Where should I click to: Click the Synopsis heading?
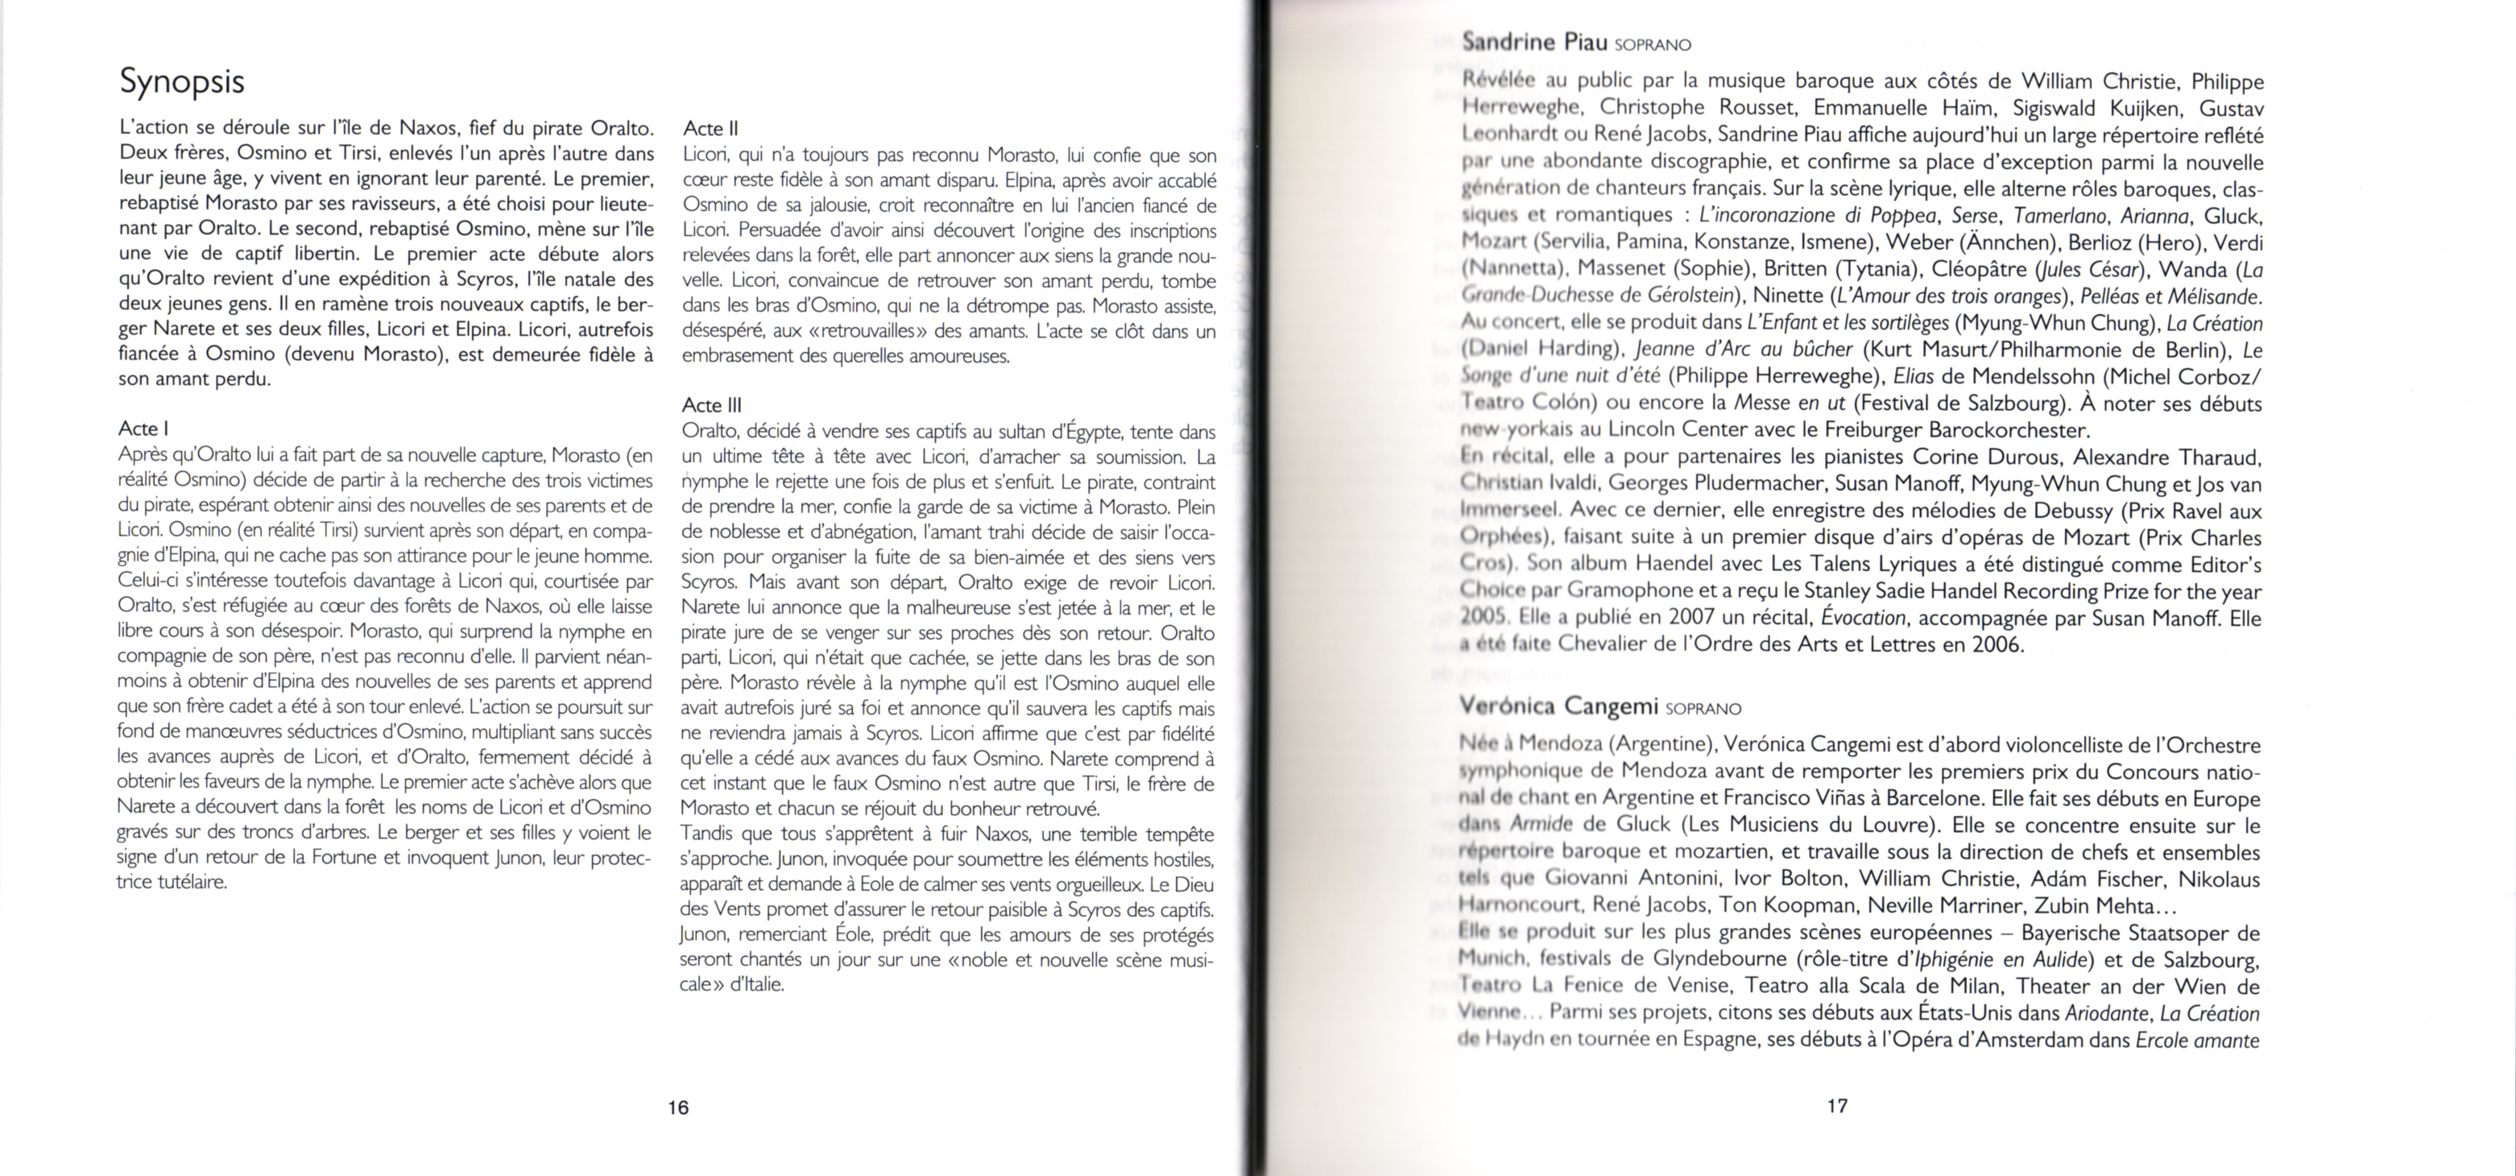[x=182, y=81]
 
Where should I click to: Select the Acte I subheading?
[x=143, y=428]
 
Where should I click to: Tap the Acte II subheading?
[x=710, y=128]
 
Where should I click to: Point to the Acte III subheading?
[x=713, y=404]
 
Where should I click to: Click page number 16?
[x=678, y=1107]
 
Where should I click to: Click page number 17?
[x=1836, y=1106]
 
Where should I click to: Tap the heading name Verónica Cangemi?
[x=1559, y=706]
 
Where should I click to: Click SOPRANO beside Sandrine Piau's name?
[x=1653, y=45]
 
